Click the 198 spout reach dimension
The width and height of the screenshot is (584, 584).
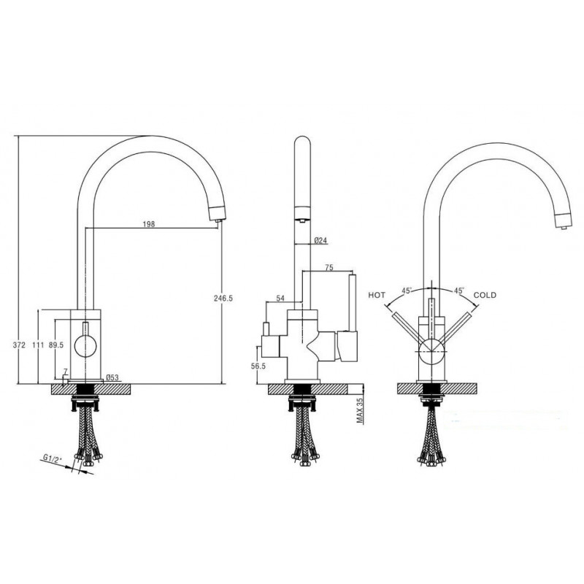pos(149,224)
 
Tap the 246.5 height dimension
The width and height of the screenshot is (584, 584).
pos(223,298)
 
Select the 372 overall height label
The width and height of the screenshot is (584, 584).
pos(19,345)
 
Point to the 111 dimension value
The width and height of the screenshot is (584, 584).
pos(38,345)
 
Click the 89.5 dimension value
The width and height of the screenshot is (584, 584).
pos(56,345)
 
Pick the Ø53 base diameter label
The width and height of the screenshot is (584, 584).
pos(112,377)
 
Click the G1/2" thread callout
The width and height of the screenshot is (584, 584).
pos(52,458)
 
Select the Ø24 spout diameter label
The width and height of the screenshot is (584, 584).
pos(320,240)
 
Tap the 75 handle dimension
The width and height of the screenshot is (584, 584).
pos(329,267)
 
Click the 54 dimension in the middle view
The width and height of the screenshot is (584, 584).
pos(280,298)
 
